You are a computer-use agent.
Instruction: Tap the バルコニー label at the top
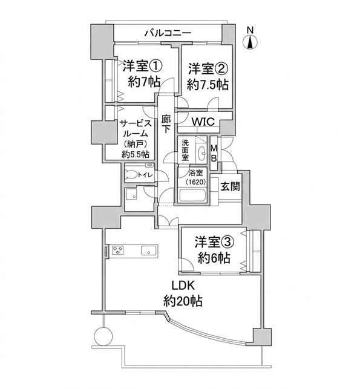tap(168, 33)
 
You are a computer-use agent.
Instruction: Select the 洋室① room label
tap(143, 67)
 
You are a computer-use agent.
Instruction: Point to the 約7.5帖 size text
tap(208, 85)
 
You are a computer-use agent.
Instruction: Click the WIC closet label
tap(203, 122)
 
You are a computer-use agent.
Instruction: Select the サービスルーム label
tap(135, 128)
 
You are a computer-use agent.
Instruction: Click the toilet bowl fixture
tap(131, 174)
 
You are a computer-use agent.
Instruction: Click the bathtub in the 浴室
tap(192, 195)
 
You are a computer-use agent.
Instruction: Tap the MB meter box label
tap(214, 153)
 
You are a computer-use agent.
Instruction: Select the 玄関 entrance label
tap(231, 186)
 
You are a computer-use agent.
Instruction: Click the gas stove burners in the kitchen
tap(117, 250)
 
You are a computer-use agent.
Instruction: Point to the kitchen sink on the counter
tap(149, 250)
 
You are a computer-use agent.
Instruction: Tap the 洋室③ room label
tap(214, 243)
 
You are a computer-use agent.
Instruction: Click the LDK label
tap(183, 286)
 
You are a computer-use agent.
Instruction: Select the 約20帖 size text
tap(183, 301)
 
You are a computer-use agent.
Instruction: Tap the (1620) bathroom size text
tap(195, 182)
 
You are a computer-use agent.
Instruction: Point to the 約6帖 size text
tap(214, 258)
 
